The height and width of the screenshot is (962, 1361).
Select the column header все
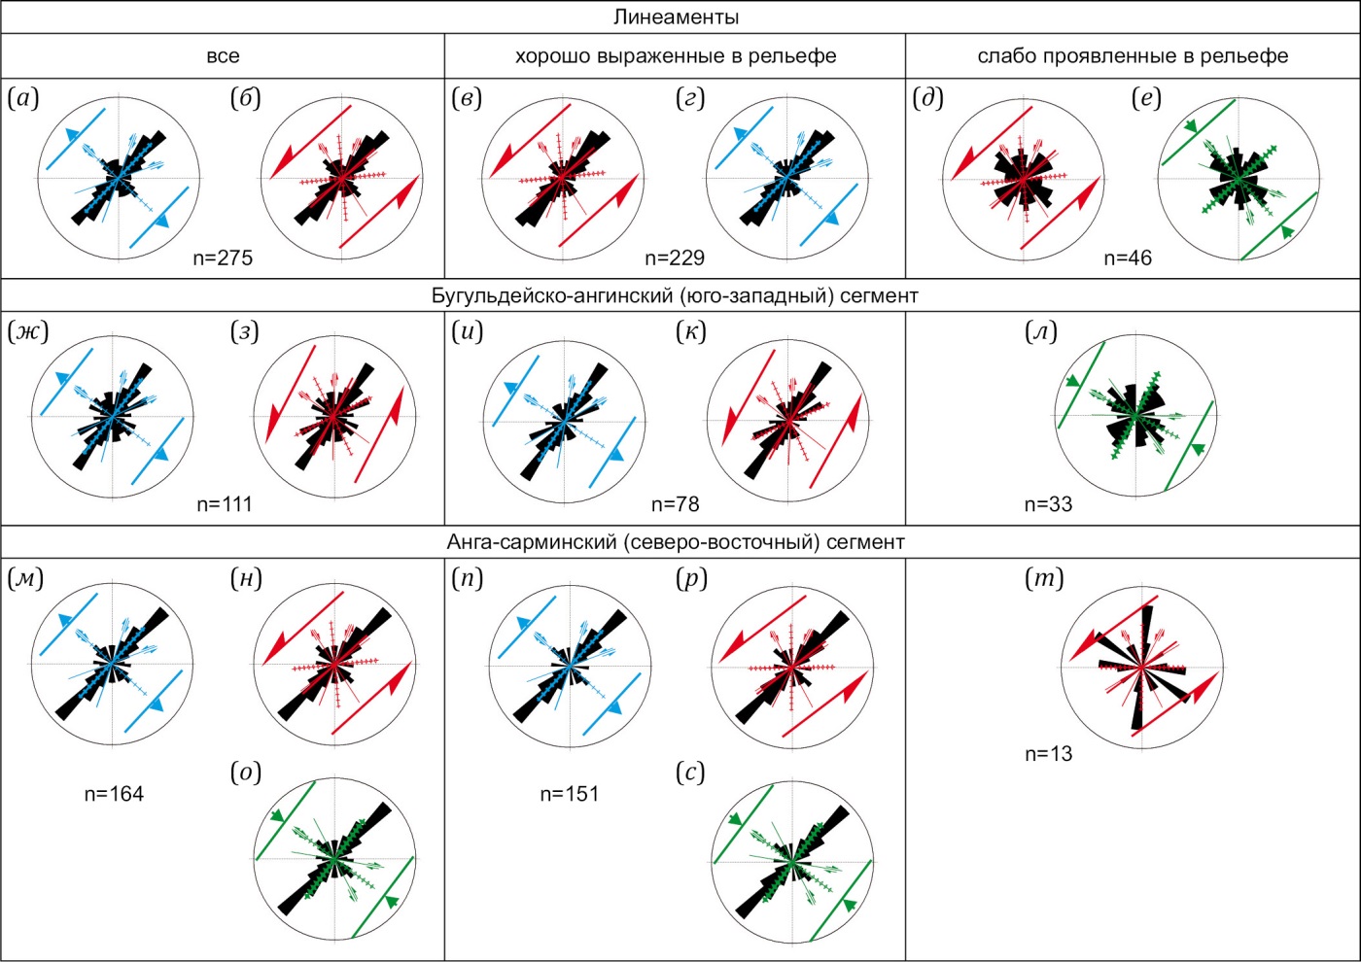coord(223,56)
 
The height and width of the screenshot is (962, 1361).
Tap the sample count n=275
coord(223,258)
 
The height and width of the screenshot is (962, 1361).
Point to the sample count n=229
coord(675,258)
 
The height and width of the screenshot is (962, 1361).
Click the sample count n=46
coord(1128,258)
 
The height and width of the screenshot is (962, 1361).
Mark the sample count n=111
coord(224,503)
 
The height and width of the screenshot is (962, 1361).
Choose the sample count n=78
coord(675,503)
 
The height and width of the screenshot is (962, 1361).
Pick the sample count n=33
coord(1048,503)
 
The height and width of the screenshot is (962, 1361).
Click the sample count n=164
coord(114,794)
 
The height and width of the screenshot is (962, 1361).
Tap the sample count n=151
coord(569,794)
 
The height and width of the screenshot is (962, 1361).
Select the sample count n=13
coord(1048,753)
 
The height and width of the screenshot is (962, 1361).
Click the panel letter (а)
coord(23,98)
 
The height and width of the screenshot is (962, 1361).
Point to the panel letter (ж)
coord(27,331)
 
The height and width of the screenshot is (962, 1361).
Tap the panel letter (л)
coord(1041,331)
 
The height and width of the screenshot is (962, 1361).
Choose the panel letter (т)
coord(1044,578)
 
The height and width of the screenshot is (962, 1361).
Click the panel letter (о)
coord(246,773)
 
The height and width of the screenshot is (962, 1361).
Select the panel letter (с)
coord(690,773)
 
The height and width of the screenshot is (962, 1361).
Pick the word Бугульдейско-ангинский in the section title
coord(544,295)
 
